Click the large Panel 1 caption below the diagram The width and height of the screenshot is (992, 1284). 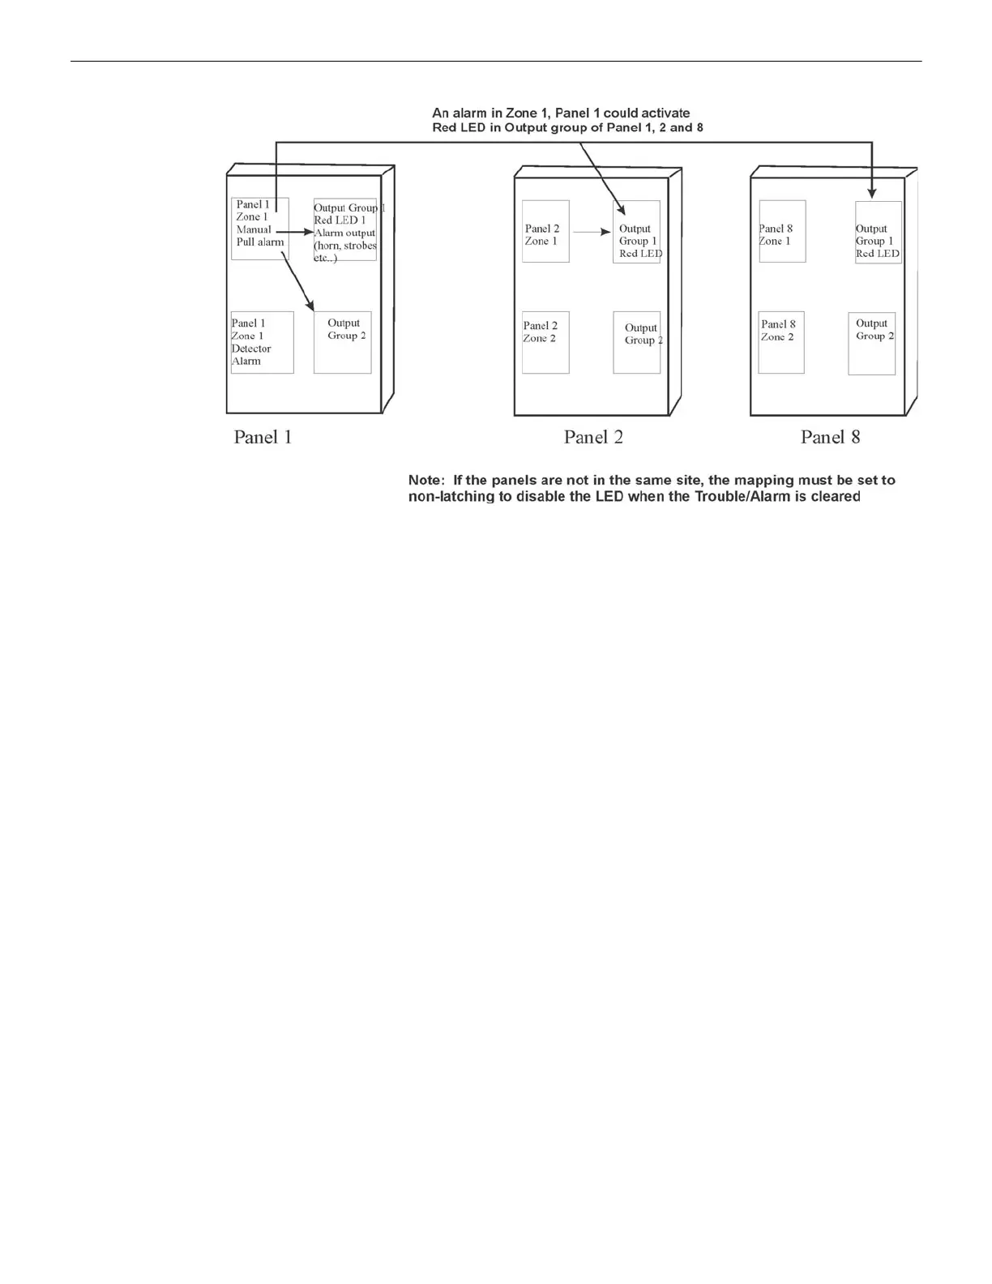263,438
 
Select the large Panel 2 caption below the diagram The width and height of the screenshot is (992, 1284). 593,438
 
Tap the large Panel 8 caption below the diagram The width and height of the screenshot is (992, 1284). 830,438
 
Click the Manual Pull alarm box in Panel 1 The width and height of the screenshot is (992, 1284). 259,229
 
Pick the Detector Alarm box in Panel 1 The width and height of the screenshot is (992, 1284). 262,342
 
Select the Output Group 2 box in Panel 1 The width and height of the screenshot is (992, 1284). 343,342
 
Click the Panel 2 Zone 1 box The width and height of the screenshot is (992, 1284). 545,231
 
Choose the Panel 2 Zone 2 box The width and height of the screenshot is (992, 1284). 545,342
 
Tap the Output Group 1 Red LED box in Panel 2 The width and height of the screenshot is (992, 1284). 637,232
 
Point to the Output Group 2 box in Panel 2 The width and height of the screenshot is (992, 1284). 637,342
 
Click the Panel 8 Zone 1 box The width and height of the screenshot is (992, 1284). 782,231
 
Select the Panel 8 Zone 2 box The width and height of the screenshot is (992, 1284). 781,342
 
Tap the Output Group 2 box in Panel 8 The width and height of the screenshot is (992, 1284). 872,343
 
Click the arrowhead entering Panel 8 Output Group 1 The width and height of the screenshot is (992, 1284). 872,194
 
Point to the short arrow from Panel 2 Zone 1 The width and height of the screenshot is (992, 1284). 592,232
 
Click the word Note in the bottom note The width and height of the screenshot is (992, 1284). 425,481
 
